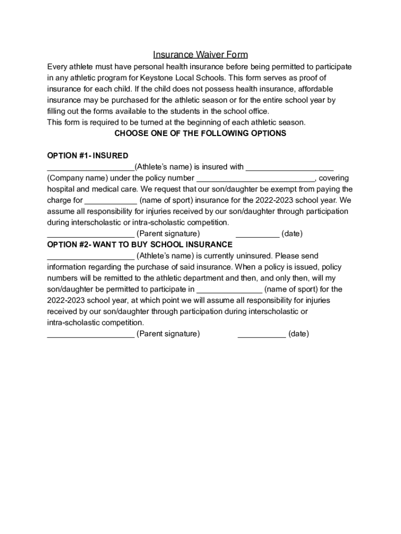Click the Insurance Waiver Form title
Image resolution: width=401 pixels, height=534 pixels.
tap(200, 55)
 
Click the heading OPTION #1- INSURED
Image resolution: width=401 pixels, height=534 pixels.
tap(87, 156)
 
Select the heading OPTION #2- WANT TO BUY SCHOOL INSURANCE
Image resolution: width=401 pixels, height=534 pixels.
tap(140, 245)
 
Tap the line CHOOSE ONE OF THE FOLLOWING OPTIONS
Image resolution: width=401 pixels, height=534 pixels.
tap(200, 133)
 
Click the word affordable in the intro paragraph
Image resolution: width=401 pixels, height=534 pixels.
tap(315, 89)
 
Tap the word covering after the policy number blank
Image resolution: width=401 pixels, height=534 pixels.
tap(334, 178)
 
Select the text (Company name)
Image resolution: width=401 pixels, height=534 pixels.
tap(78, 178)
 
